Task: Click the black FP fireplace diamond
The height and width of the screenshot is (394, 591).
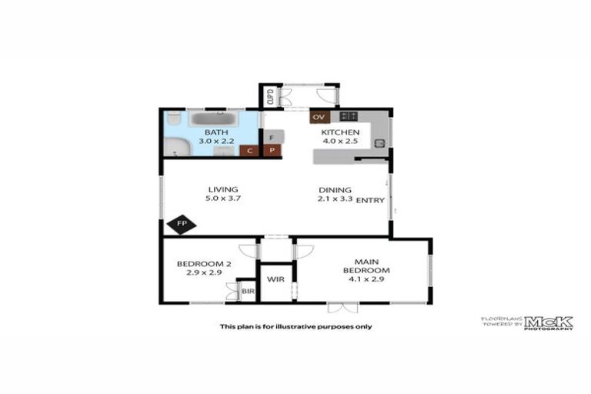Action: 182,225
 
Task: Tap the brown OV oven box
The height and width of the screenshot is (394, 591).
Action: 320,117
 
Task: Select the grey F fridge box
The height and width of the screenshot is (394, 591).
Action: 272,136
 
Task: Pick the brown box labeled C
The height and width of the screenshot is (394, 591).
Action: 249,151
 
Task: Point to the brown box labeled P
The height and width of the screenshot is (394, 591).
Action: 272,151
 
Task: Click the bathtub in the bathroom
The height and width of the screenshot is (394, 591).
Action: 215,119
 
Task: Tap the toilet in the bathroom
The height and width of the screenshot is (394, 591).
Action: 175,119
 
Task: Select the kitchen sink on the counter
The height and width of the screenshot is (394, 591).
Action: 379,142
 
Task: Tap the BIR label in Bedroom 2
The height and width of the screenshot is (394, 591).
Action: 247,292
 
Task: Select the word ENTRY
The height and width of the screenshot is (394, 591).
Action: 370,200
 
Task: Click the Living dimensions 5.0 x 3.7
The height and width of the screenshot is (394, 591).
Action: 222,199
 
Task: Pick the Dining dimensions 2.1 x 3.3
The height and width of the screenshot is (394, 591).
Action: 335,199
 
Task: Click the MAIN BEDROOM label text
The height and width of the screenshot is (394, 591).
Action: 366,265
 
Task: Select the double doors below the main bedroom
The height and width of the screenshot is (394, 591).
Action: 342,308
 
